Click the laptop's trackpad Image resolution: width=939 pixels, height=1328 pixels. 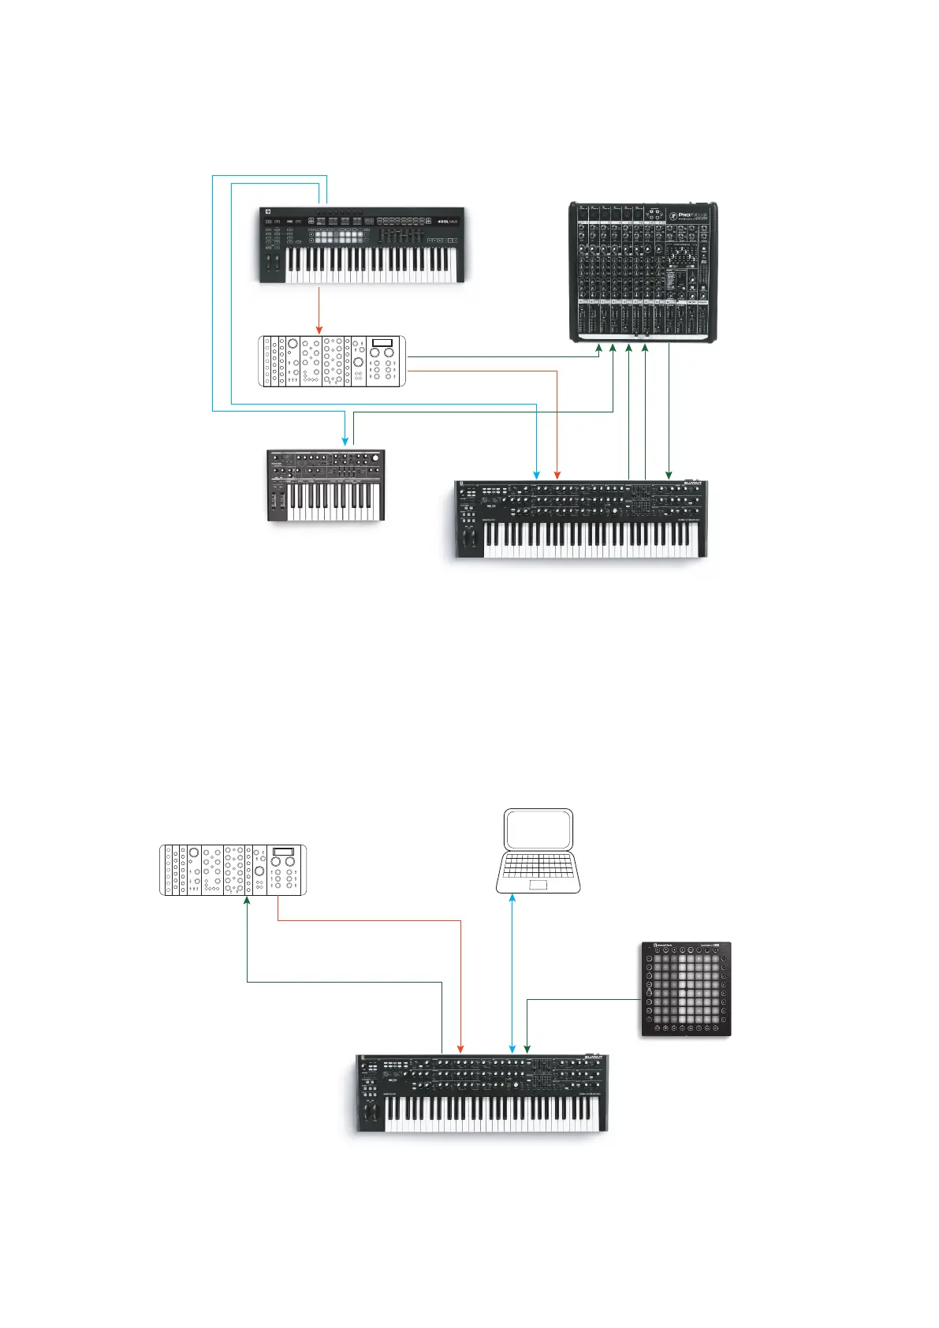[538, 886]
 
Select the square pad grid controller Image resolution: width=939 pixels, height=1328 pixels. [685, 989]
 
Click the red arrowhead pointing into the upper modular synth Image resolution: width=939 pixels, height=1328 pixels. [319, 330]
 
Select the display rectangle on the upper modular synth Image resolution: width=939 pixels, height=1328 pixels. [382, 342]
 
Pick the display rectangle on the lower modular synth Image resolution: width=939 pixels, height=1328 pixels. [283, 852]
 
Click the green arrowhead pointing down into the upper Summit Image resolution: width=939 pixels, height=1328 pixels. [669, 475]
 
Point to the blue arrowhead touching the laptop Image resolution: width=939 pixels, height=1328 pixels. [513, 898]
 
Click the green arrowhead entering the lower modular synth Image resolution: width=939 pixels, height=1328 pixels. [248, 901]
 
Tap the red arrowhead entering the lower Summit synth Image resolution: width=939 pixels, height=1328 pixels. [460, 1048]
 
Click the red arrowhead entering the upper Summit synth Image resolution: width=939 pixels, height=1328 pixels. [557, 475]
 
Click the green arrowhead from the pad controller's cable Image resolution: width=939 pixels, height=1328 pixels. [527, 1048]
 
